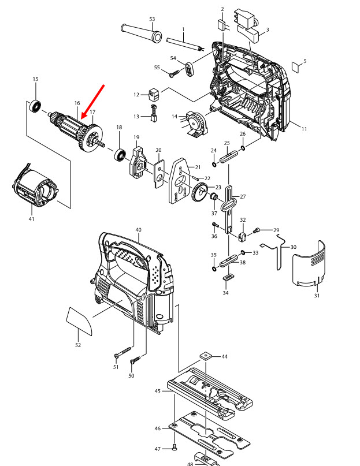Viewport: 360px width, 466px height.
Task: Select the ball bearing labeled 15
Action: pos(36,106)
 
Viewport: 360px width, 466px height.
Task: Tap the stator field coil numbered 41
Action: pos(36,193)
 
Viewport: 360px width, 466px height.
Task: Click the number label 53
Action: pos(152,19)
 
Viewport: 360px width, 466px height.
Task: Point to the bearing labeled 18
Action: pos(120,154)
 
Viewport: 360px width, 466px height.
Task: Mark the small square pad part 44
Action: pos(206,356)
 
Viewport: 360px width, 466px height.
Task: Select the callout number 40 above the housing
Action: pos(138,230)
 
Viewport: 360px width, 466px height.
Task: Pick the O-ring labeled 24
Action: pos(214,158)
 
